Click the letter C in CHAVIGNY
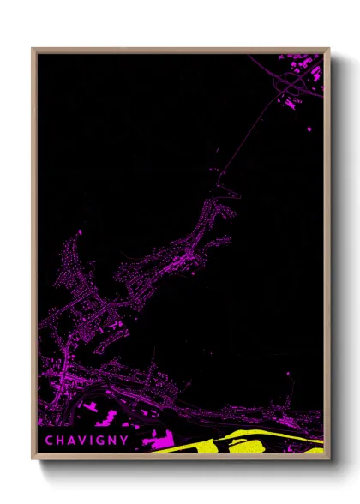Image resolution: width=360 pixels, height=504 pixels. pyautogui.click(x=49, y=441)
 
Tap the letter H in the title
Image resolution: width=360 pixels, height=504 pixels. pyautogui.click(x=60, y=441)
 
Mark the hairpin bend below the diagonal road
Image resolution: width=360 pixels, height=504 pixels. pyautogui.click(x=225, y=184)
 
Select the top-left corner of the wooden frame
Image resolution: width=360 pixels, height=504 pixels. pyautogui.click(x=33, y=48)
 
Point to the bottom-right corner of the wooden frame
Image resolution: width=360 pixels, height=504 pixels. pyautogui.click(x=329, y=459)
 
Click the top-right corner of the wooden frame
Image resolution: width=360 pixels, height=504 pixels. pyautogui.click(x=329, y=48)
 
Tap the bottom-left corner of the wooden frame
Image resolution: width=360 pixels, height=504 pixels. pyautogui.click(x=33, y=459)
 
